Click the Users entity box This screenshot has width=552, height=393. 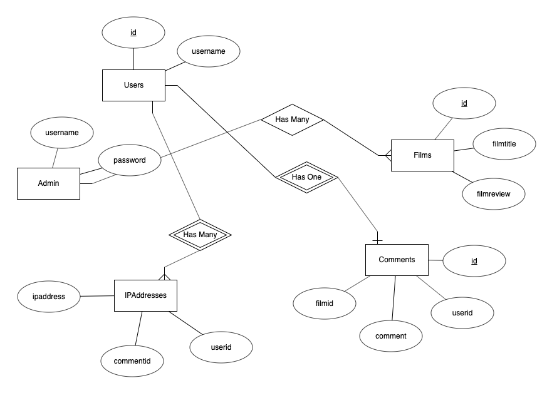pos(133,85)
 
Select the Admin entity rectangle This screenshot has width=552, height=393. pos(48,183)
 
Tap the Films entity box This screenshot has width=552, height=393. pos(422,155)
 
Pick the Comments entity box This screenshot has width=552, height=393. pos(397,260)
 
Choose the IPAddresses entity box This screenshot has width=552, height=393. pos(146,295)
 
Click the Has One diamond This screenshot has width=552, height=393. pos(307,178)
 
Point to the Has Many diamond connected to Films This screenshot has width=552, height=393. pos(292,120)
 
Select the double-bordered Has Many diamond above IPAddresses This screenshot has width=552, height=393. pos(200,235)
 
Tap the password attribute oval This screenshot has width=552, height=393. pos(130,160)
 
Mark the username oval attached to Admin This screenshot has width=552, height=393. pos(61,133)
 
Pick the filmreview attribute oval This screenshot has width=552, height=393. pos(494,193)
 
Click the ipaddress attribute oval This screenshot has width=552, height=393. pos(49,296)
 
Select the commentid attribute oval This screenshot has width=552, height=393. pos(132,361)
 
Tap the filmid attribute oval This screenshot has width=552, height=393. pos(325,303)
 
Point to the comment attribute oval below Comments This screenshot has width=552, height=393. pos(391,336)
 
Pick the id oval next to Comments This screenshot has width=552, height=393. pos(474,260)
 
